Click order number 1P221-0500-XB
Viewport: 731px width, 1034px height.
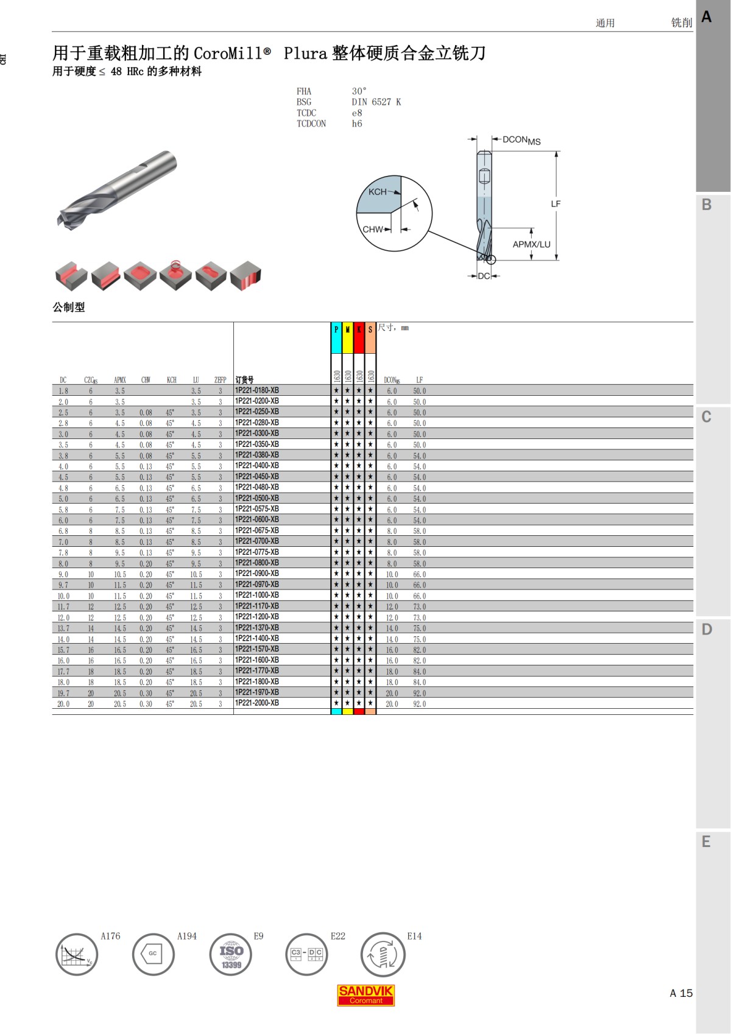257,498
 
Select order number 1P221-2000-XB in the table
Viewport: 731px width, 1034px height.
257,703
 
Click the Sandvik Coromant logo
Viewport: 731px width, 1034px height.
366,995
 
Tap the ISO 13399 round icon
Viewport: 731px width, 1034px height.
231,955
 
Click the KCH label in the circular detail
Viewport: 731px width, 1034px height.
377,192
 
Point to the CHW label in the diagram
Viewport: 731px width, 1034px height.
372,230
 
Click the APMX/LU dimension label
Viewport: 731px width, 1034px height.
531,245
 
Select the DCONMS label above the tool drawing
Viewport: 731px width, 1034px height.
521,141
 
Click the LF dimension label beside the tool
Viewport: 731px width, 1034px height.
556,204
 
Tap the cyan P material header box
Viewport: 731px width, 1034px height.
336,338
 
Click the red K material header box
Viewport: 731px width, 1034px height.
359,338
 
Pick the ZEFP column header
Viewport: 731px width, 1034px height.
220,380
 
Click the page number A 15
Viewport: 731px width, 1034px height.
681,993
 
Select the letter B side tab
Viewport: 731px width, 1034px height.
707,205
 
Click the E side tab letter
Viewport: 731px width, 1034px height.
707,842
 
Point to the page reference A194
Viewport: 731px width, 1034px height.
187,937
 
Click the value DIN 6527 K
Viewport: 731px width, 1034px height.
376,102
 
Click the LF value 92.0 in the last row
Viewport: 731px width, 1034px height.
420,704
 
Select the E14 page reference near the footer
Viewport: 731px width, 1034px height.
414,937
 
